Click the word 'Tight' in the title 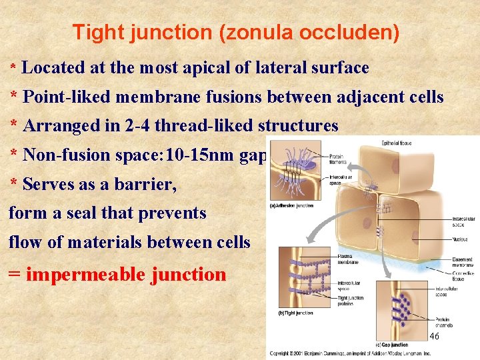[93, 32]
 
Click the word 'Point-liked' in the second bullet [67, 97]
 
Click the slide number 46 [434, 336]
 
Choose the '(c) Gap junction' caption [394, 344]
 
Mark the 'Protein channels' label [443, 322]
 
